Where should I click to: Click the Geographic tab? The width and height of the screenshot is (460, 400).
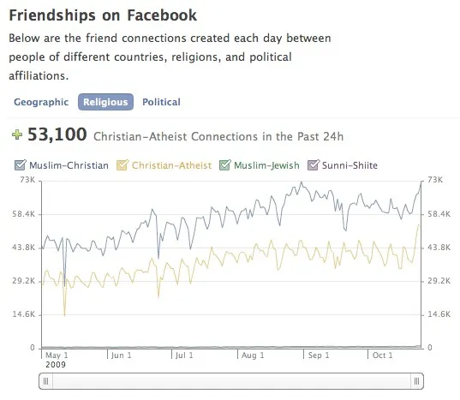[x=41, y=102]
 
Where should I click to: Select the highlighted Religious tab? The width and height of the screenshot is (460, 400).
[x=105, y=102]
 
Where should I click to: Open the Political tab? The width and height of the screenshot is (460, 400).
[x=161, y=102]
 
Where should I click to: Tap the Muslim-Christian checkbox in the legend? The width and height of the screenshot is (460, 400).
[x=21, y=164]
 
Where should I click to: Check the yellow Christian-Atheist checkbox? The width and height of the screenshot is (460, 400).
[x=122, y=164]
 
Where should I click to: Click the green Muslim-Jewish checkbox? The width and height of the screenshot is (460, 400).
[x=225, y=164]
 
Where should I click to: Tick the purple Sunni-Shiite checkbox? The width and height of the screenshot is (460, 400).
[x=313, y=164]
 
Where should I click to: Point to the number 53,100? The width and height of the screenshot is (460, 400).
[x=57, y=134]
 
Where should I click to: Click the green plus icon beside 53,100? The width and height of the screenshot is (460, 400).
[x=17, y=134]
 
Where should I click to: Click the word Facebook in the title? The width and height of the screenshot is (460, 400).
[x=162, y=15]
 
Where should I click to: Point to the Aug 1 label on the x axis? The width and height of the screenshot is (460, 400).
[x=253, y=355]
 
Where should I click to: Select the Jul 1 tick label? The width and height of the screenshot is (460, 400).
[x=184, y=355]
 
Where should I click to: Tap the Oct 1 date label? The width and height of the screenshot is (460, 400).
[x=383, y=355]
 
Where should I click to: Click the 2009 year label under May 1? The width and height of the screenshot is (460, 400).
[x=56, y=365]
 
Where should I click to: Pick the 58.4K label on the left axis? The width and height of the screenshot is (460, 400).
[x=23, y=214]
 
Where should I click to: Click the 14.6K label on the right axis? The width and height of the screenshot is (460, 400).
[x=439, y=314]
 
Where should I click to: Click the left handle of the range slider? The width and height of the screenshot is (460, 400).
[x=45, y=381]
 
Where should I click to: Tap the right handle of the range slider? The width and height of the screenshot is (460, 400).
[x=416, y=381]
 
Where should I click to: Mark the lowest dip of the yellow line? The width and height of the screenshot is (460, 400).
[x=64, y=315]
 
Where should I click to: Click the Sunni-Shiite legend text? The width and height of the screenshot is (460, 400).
[x=349, y=165]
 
